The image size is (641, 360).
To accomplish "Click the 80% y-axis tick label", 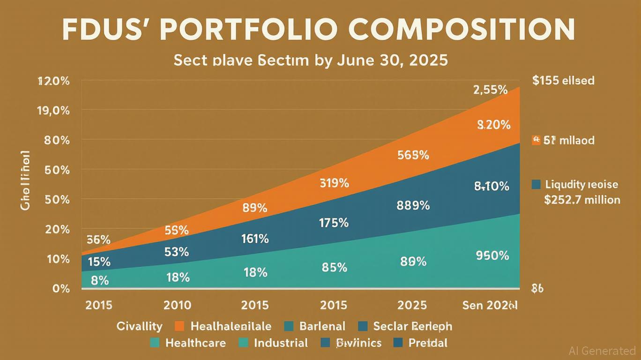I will coord(57,140).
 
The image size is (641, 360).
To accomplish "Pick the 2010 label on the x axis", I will coord(177,306).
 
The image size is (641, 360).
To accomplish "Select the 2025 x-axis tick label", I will coord(412,306).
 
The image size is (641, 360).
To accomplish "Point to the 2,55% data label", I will coord(491,90).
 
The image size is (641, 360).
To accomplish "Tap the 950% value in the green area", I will coord(492,255).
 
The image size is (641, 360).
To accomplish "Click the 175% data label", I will coord(334,223).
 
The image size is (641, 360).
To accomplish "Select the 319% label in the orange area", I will coord(334,183).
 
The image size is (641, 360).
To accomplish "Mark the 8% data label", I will coord(100,280).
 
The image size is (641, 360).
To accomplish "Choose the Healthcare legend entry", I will coord(188,343).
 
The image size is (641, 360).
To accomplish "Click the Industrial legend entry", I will coord(273,343).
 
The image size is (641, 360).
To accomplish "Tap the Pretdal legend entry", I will coord(420,343).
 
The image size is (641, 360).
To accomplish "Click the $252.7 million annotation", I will coord(582,200).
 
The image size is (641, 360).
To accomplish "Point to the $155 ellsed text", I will coord(563,81).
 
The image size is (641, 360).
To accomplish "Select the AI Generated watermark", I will coord(602,351).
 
